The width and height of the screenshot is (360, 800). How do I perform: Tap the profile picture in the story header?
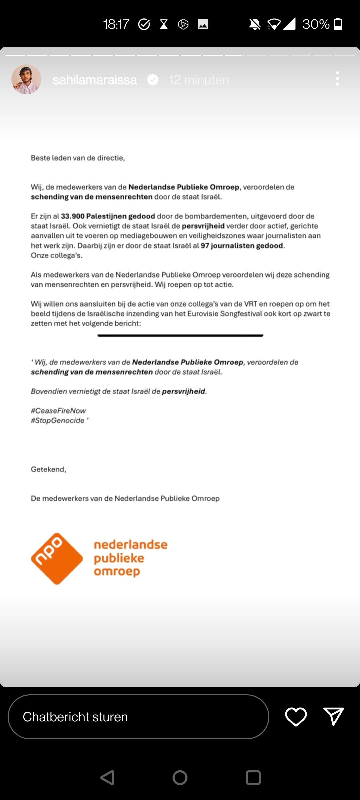(x=26, y=79)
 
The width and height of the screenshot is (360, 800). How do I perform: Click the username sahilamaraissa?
(x=95, y=80)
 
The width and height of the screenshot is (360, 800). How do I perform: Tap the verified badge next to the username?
(x=153, y=80)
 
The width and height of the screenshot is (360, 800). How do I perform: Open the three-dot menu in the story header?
(x=337, y=79)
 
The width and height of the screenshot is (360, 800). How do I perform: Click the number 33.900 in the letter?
(x=72, y=216)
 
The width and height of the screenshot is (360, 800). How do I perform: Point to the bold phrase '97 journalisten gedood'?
(x=242, y=246)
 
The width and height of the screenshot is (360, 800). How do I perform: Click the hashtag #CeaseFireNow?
(x=58, y=411)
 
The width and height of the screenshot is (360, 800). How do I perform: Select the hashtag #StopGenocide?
(x=58, y=420)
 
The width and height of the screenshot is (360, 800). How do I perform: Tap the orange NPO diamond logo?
(x=57, y=558)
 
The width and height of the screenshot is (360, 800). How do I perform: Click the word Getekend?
(x=48, y=469)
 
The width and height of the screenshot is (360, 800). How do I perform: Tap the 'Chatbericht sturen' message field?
(x=138, y=717)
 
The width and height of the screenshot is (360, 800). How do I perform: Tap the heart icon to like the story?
(x=296, y=717)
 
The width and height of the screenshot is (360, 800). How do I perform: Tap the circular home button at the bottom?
(x=180, y=778)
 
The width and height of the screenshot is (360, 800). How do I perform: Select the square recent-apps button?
(x=253, y=778)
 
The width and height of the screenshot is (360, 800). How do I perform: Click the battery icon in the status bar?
(x=338, y=24)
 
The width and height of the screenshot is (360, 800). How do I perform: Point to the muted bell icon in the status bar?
(x=255, y=24)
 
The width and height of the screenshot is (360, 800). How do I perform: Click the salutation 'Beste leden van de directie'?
(x=78, y=158)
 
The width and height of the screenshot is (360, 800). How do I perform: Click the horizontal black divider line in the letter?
(x=180, y=336)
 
